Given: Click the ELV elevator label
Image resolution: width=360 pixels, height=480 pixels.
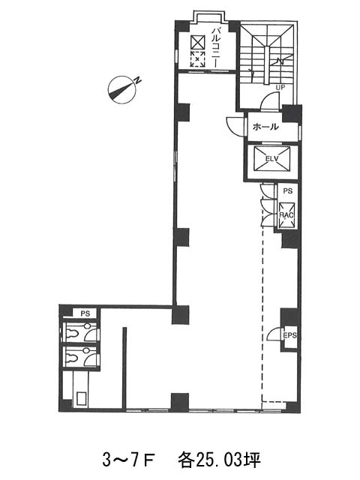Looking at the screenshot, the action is [271, 158].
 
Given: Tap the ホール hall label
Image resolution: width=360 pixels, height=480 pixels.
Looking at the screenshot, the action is [265, 127].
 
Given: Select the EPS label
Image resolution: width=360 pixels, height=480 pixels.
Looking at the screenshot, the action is [289, 335].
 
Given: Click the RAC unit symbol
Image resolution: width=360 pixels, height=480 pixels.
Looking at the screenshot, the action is [286, 215].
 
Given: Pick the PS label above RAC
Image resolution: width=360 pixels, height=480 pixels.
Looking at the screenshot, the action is [287, 191].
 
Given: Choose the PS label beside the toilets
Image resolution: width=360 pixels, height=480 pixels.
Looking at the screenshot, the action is [85, 313].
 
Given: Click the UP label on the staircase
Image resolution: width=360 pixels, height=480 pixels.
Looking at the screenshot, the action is [280, 88].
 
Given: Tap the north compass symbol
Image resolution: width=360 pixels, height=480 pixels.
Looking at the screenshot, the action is [122, 89].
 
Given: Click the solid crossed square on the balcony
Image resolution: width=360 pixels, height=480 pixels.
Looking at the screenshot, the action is [197, 42].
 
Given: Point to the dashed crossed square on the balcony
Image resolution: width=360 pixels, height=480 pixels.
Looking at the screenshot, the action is [197, 58].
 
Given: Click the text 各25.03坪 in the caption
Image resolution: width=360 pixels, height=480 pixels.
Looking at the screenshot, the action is [219, 460].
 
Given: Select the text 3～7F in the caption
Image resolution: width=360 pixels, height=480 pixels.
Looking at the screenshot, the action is [128, 460].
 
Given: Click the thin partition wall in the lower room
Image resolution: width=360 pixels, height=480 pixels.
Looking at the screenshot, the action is [124, 367].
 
